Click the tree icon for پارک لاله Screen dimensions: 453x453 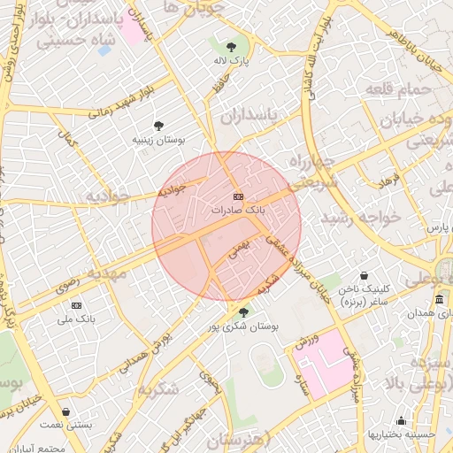232,46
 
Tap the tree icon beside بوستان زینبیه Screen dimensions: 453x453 158,126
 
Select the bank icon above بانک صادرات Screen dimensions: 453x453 237,196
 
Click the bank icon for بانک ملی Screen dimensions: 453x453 77,305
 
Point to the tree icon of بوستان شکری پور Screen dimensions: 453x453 243,311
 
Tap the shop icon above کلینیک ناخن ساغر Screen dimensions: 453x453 365,276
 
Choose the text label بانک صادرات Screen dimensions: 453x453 238,211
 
